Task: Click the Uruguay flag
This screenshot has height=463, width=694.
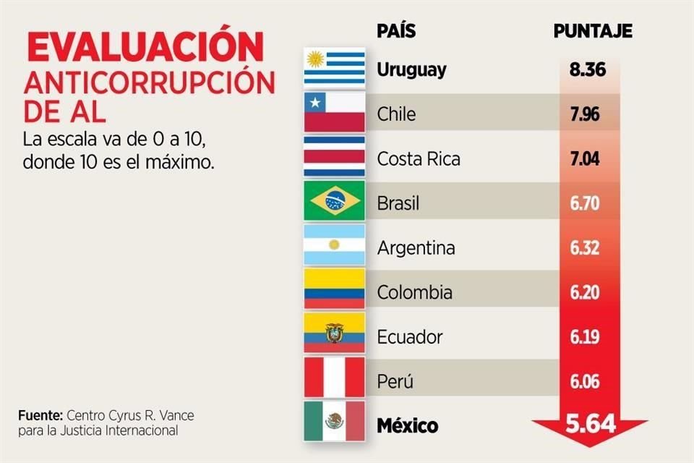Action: tap(334, 69)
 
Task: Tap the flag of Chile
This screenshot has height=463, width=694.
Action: tap(334, 114)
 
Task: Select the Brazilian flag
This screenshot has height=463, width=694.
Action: tap(334, 203)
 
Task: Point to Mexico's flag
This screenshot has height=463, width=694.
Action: tap(333, 422)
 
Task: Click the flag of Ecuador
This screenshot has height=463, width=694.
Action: tap(334, 335)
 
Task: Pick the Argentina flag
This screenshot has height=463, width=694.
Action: tap(334, 246)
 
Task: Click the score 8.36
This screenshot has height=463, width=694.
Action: tap(586, 70)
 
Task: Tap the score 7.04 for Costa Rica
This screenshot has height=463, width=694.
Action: tap(586, 158)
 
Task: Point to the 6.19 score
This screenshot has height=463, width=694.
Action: tap(586, 336)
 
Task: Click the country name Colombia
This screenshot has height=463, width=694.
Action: tap(415, 292)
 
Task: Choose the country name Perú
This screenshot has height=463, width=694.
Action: tap(395, 381)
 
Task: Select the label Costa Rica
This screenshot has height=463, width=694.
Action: tap(419, 158)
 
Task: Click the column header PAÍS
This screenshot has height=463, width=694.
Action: tap(396, 31)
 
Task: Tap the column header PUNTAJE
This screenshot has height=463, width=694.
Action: tap(593, 31)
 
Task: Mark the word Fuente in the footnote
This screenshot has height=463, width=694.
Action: tap(40, 416)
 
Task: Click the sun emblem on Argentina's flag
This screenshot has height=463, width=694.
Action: tap(334, 245)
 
